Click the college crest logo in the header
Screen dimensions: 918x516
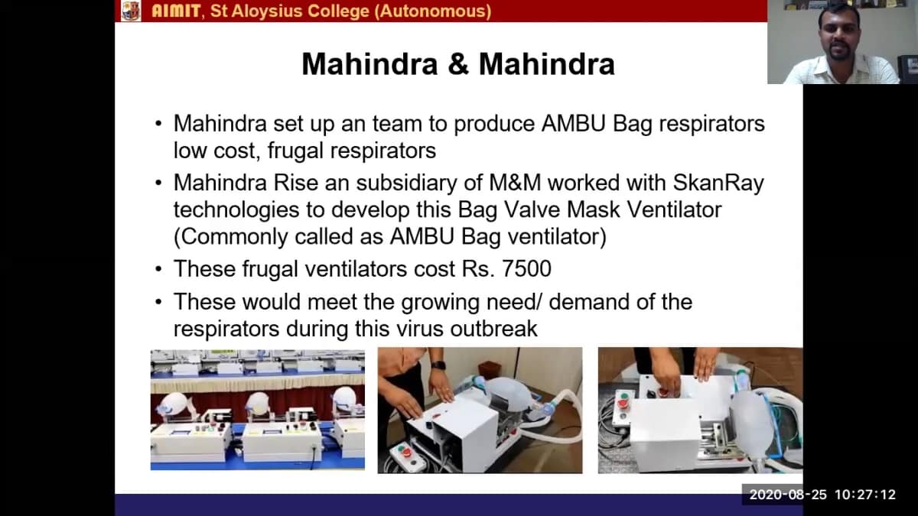pos(131,11)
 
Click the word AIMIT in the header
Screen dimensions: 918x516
pos(176,11)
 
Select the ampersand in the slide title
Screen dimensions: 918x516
pos(458,64)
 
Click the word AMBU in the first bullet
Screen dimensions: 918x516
pos(573,123)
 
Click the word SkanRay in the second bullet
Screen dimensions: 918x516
pos(718,183)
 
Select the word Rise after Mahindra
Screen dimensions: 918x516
pos(296,183)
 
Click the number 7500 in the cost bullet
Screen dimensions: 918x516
pos(526,269)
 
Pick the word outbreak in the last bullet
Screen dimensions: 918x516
pos(494,329)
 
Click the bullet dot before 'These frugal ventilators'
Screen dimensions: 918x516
pos(158,269)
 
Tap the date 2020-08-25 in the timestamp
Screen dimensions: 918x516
pos(788,495)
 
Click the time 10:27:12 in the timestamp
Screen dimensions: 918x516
pos(865,495)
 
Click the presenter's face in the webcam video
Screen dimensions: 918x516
pos(839,35)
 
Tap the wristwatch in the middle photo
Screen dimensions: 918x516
pos(438,365)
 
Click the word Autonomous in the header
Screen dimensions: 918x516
pos(433,11)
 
